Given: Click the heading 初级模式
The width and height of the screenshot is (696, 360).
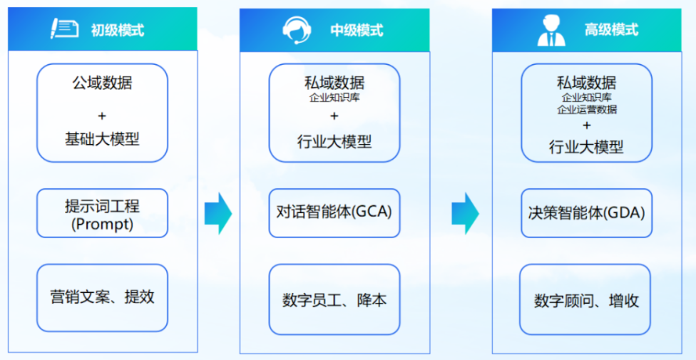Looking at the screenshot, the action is [118, 30].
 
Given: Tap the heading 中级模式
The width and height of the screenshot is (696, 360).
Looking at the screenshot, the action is [357, 30].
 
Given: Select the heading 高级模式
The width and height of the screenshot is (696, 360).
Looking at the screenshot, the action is [611, 30].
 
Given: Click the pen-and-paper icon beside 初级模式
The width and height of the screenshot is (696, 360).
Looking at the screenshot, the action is [64, 29].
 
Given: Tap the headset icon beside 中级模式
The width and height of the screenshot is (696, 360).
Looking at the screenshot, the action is [297, 30].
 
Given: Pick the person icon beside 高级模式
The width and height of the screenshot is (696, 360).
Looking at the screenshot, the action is [551, 31].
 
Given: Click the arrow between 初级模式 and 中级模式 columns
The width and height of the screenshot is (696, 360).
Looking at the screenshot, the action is [218, 213].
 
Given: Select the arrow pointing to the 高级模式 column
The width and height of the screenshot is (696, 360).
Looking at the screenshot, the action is [466, 213].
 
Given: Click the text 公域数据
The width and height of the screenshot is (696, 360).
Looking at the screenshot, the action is [102, 83].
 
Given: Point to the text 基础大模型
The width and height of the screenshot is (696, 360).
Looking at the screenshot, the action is [102, 140].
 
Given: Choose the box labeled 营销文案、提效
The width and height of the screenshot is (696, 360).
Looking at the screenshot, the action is [102, 298].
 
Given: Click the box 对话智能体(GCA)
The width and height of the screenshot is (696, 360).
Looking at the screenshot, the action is [334, 213].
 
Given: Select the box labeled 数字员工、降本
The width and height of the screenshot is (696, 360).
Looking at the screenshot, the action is [334, 299].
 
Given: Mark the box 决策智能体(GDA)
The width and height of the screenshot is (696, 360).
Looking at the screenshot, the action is [586, 213].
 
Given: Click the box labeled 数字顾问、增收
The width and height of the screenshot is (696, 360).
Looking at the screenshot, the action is [585, 299].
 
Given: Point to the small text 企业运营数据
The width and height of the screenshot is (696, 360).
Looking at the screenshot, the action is [587, 109].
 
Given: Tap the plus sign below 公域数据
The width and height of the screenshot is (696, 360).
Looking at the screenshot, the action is [102, 116].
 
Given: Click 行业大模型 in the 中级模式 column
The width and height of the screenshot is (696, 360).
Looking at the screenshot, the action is [334, 142].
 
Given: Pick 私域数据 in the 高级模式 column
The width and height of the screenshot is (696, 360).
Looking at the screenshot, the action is [586, 83].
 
